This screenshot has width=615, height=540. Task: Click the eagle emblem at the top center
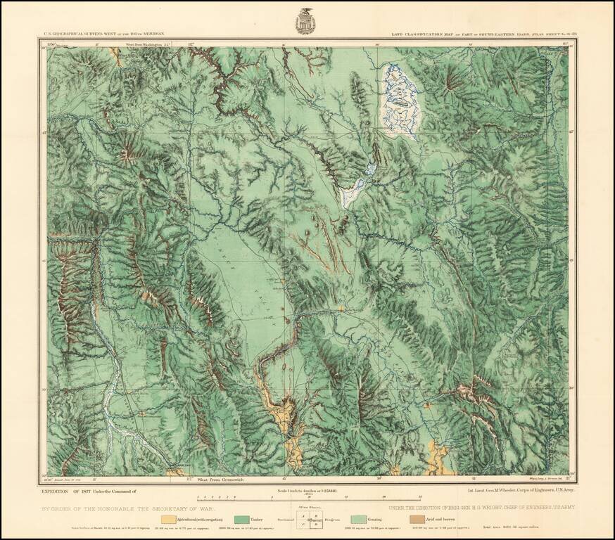pos(307,20)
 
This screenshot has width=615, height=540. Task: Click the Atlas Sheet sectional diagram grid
pos(307,520)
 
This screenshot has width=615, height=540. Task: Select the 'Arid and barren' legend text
pos(443,519)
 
